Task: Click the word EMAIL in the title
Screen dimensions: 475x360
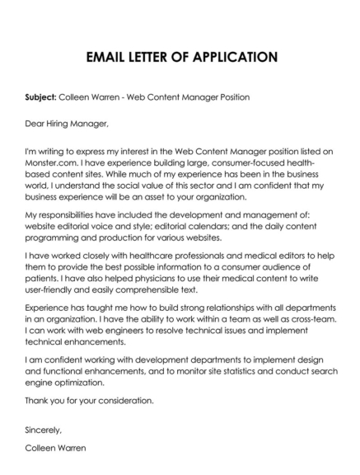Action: pyautogui.click(x=108, y=57)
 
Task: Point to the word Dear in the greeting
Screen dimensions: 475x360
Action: pyautogui.click(x=35, y=125)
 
